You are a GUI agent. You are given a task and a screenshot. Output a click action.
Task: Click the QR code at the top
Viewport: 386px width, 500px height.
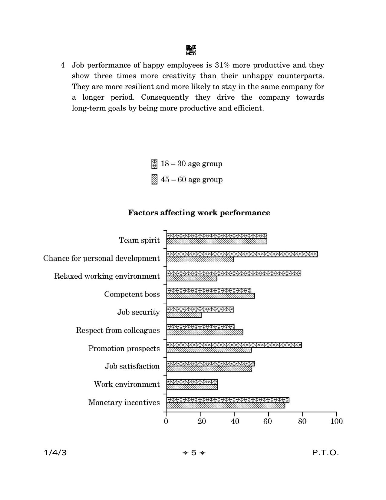pos(191,50)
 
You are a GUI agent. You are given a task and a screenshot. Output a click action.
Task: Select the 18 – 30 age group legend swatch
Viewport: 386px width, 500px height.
pos(154,164)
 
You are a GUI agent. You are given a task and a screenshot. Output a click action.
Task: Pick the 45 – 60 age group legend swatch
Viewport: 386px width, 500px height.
pos(154,180)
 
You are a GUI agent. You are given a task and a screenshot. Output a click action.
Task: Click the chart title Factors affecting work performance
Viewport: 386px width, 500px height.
pos(199,213)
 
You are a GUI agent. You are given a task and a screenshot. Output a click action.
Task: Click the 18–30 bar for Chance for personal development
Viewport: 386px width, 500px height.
pos(242,254)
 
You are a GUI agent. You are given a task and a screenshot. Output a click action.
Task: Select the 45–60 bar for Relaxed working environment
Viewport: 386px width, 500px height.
pos(192,279)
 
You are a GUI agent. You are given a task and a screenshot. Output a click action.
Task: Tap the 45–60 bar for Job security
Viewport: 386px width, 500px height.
pos(184,315)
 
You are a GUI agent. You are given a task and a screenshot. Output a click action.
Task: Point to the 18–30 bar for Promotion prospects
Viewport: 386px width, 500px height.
pos(234,345)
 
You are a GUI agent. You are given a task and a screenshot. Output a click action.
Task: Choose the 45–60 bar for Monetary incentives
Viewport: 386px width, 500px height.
pos(226,406)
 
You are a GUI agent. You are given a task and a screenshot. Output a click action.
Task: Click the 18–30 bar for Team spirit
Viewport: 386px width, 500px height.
pos(217,236)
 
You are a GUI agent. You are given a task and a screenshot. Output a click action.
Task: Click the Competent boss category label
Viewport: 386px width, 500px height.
pos(132,294)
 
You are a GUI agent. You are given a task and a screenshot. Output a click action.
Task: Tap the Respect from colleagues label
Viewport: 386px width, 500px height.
pos(118,330)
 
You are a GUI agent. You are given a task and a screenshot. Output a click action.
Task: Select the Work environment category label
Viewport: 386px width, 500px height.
pos(127,384)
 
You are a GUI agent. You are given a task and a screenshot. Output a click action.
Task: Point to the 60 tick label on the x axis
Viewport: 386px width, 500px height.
pos(268,421)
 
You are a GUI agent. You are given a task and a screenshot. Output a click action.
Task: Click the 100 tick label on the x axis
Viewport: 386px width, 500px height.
pos(336,421)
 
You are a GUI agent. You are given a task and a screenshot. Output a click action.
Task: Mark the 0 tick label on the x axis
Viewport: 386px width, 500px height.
pos(166,421)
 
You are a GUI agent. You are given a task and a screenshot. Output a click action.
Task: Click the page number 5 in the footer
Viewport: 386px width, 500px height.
pos(193,453)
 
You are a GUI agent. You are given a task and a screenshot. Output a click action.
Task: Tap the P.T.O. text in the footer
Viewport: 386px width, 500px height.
pos(325,453)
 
